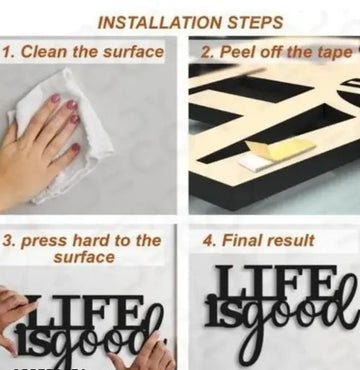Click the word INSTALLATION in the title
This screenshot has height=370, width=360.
(x=160, y=23)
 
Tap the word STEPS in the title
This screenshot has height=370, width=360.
(x=256, y=23)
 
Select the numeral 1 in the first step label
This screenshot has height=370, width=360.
(x=6, y=52)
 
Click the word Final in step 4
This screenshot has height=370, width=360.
(x=241, y=240)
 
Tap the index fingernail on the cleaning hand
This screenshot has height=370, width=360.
(x=55, y=98)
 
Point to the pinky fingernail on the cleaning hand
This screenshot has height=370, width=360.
(x=76, y=147)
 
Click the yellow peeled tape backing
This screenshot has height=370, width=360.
(x=281, y=149)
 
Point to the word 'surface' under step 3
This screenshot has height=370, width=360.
(x=84, y=257)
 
